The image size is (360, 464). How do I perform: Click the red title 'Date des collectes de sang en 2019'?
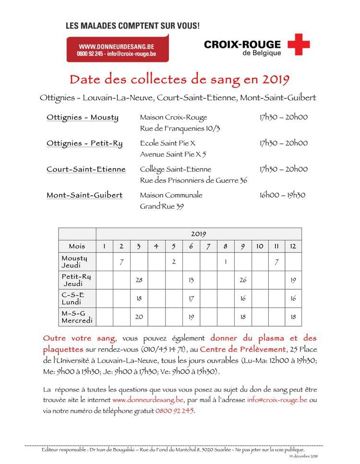[x=180, y=79]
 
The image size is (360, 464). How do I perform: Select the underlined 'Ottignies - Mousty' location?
[x=83, y=118]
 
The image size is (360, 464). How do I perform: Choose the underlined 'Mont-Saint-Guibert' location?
[x=84, y=195]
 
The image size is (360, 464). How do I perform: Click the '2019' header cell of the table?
[x=198, y=234]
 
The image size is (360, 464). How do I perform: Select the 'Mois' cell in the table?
[x=77, y=246]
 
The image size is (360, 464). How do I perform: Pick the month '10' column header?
[x=259, y=246]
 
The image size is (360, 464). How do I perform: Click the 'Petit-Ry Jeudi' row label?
[x=77, y=280]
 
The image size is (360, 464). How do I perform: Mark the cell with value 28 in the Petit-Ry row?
[x=139, y=280]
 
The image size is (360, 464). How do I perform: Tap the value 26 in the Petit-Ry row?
[x=243, y=280]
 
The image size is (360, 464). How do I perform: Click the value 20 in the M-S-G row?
[x=139, y=317]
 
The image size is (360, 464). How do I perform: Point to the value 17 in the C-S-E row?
[x=191, y=298]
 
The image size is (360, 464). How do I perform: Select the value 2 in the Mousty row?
[x=173, y=262]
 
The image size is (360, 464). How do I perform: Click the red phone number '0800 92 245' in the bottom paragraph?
[x=175, y=411]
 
